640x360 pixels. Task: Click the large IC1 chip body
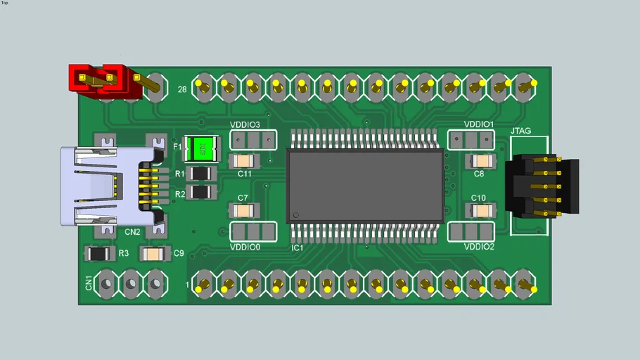click(x=366, y=186)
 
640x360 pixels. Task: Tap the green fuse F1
click(x=202, y=148)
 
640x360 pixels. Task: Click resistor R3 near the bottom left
click(x=98, y=253)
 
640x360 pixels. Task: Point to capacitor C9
click(x=154, y=253)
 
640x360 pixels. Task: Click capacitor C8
click(x=480, y=161)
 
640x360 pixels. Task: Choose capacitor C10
click(x=481, y=210)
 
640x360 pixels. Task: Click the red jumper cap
click(x=99, y=78)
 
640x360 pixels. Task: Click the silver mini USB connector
click(x=105, y=186)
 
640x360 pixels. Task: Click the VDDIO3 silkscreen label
click(x=245, y=125)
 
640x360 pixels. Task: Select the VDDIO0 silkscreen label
click(x=245, y=247)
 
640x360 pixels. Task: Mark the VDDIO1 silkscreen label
click(x=479, y=125)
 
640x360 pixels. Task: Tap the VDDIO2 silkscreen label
click(x=479, y=247)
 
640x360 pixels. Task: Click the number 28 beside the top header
click(x=182, y=89)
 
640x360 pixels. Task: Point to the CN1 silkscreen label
click(x=89, y=283)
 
